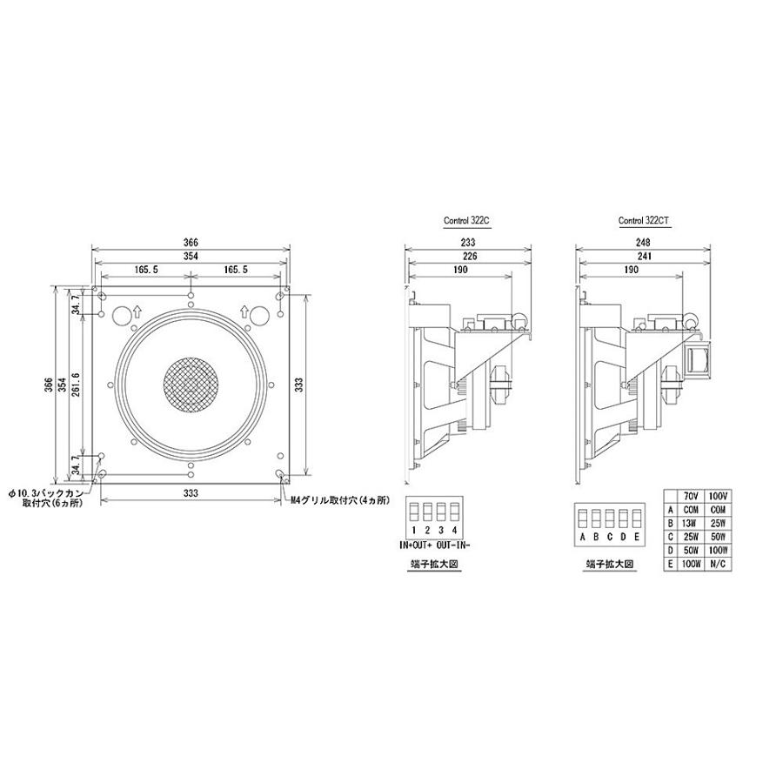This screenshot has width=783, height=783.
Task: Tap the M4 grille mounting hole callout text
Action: point(339,502)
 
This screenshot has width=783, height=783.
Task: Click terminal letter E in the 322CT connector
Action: point(638,537)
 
